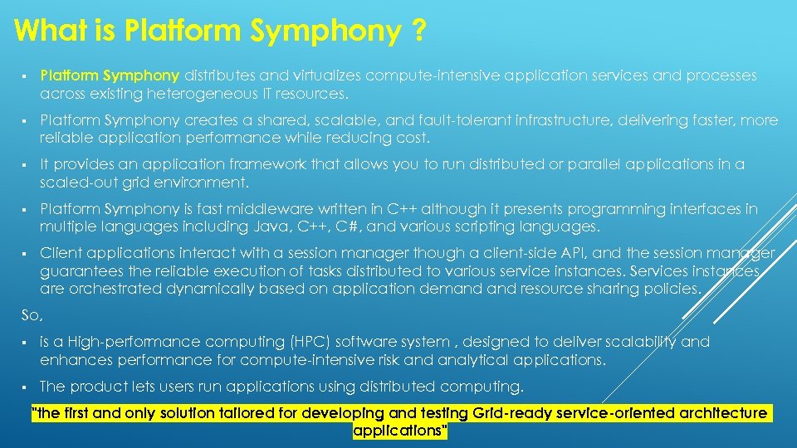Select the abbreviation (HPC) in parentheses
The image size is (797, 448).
click(309, 342)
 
